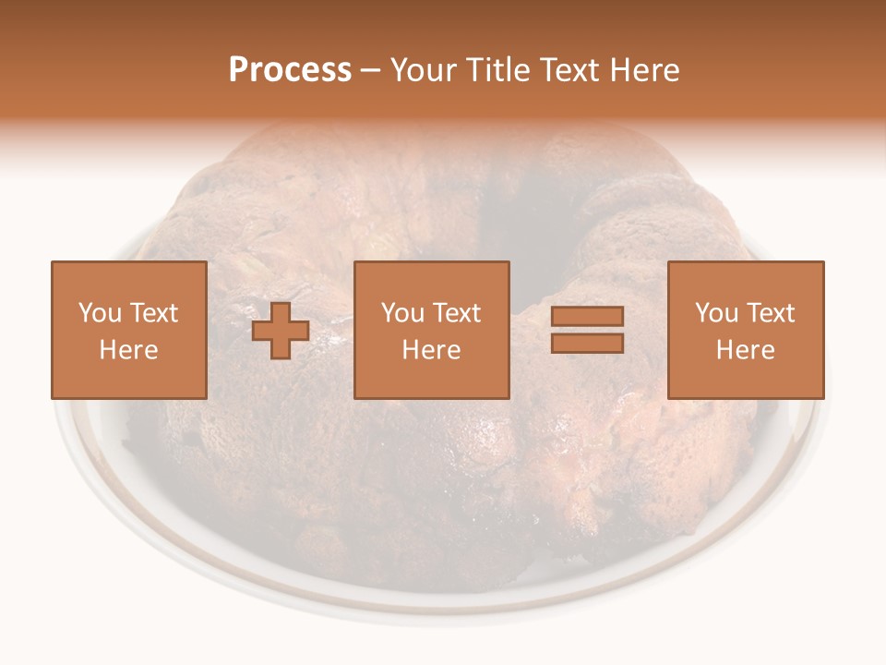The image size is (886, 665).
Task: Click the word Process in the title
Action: pos(290,70)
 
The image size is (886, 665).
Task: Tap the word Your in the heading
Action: pos(423,70)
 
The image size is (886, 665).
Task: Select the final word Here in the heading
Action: pos(646,70)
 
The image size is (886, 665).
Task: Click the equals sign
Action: pos(587,330)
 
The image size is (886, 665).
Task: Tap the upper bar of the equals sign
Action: pos(587,317)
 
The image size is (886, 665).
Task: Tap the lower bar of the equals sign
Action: pos(587,343)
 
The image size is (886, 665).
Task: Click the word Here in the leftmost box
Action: pos(129,350)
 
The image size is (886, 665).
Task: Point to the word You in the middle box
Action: pos(402,313)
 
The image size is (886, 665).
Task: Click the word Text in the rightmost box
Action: pos(771,313)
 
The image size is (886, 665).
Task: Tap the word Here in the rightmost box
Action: pos(746,350)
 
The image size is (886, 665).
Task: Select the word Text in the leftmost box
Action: pos(154,313)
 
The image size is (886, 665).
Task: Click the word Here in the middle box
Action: pos(432,350)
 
